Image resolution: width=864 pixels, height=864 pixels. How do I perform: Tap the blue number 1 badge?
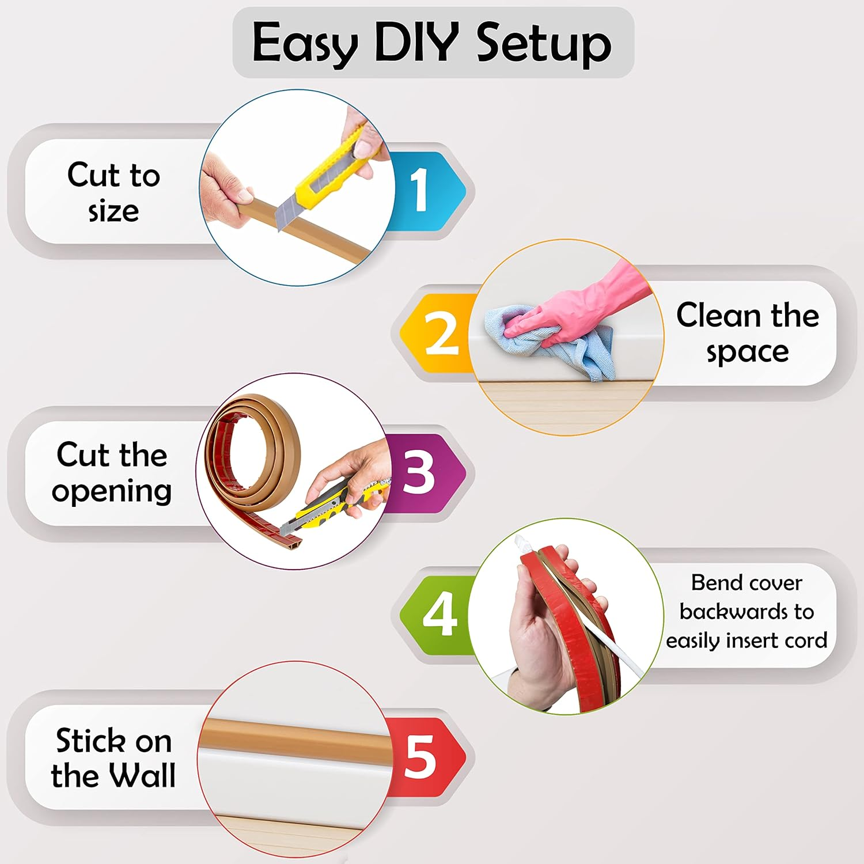click(x=423, y=190)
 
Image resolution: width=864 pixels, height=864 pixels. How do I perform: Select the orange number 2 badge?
click(x=439, y=333)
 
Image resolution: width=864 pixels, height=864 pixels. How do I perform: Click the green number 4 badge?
click(x=439, y=614)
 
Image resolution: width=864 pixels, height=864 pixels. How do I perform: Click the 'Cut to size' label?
click(x=113, y=192)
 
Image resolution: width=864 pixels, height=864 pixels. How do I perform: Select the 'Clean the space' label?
click(x=747, y=333)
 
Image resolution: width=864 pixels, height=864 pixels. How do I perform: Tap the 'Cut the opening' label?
click(x=112, y=472)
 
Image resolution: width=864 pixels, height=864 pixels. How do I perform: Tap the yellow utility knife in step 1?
click(x=325, y=173)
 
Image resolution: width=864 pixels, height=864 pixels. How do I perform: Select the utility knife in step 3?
click(x=328, y=507)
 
